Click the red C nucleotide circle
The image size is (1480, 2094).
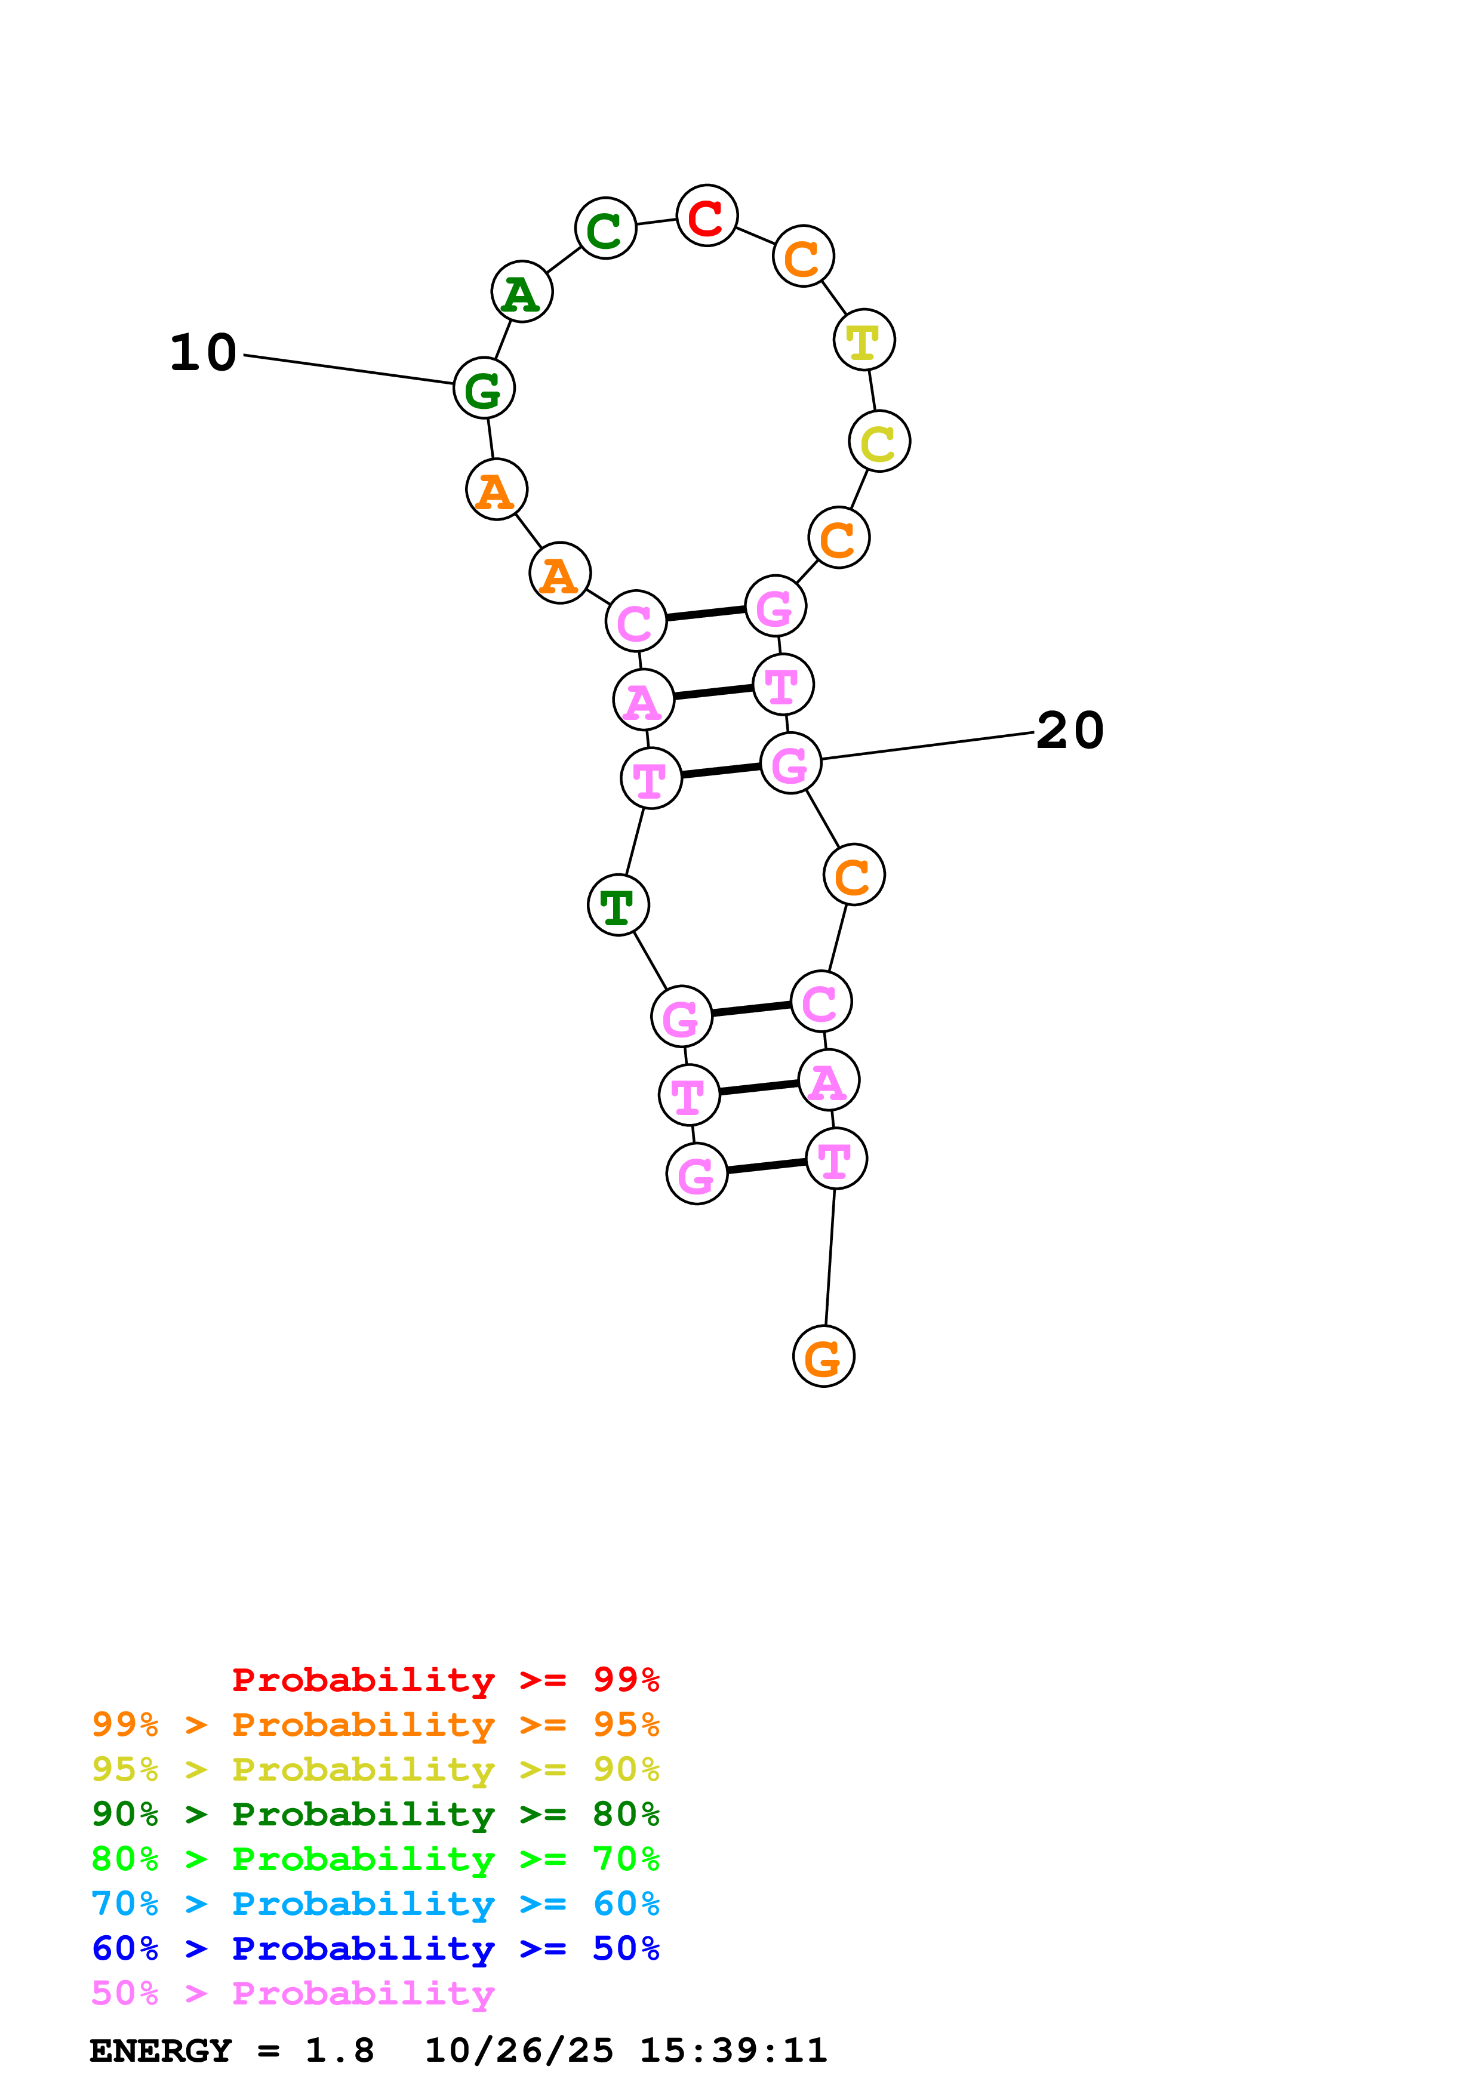click(x=707, y=216)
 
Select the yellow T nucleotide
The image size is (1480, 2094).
click(x=863, y=340)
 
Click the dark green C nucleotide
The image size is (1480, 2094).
click(x=605, y=229)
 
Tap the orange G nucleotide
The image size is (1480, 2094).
click(x=823, y=1357)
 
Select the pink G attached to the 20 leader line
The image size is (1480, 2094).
click(x=790, y=763)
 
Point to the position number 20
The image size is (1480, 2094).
click(x=1070, y=731)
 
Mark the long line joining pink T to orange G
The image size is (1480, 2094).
click(x=830, y=1258)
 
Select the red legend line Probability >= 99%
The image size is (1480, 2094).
click(x=445, y=1680)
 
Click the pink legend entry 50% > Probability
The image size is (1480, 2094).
click(x=293, y=1994)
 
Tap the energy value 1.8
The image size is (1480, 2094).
click(x=339, y=2051)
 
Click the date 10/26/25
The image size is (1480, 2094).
click(x=518, y=2051)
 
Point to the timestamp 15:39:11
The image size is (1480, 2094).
click(x=733, y=2051)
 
